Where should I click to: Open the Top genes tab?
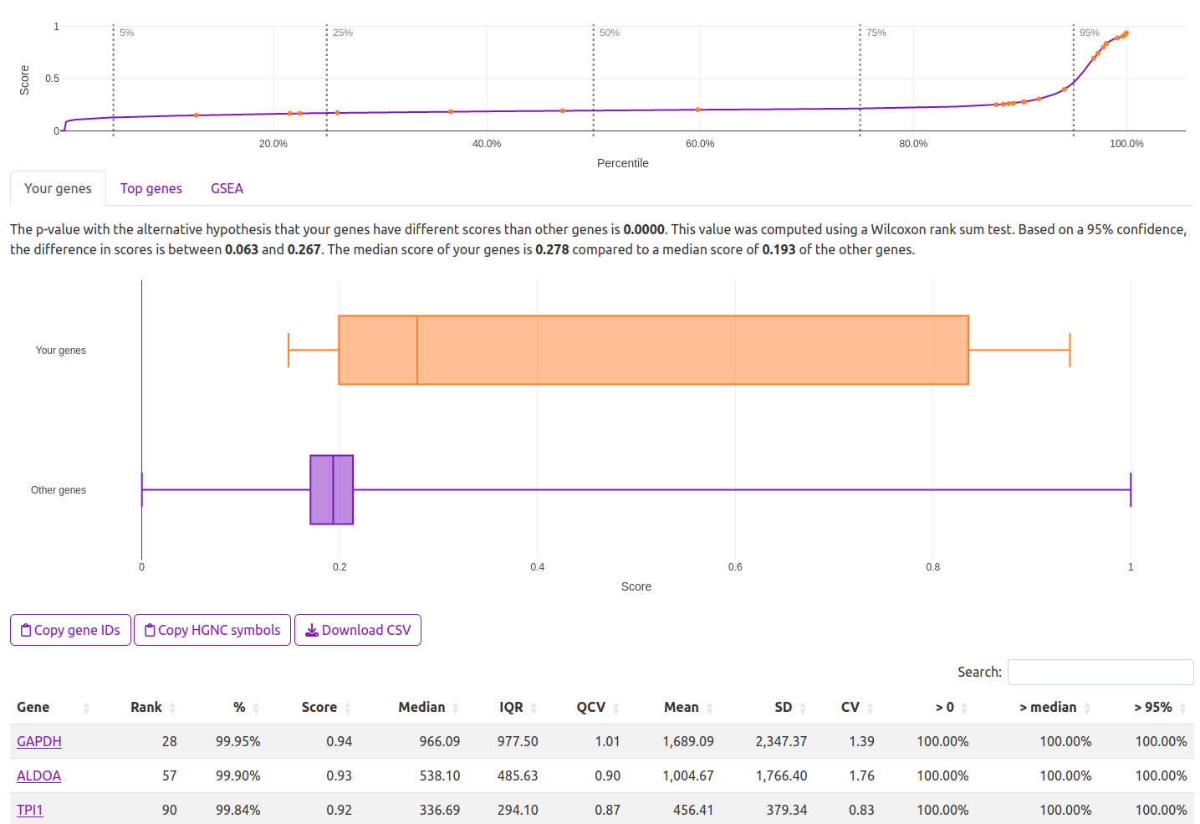(x=151, y=188)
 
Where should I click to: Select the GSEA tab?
(x=227, y=188)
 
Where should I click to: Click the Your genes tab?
(x=58, y=188)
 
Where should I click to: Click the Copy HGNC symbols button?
(x=212, y=630)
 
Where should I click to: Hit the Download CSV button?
(x=358, y=630)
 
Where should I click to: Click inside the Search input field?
(x=1100, y=672)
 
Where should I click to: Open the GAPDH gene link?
(x=39, y=741)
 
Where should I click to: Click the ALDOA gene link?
(x=38, y=775)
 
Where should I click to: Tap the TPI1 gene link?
(x=30, y=810)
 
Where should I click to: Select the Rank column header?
(x=146, y=707)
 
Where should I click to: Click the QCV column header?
(x=590, y=707)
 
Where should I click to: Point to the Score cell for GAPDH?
(x=339, y=741)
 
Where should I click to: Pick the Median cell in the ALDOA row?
(x=439, y=775)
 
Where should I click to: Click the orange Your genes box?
(x=652, y=350)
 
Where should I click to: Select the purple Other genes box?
(x=331, y=489)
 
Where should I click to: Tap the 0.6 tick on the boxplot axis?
(x=735, y=567)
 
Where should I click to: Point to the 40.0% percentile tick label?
(x=487, y=144)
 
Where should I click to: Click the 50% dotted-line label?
(x=610, y=33)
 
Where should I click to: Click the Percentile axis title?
(x=622, y=163)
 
